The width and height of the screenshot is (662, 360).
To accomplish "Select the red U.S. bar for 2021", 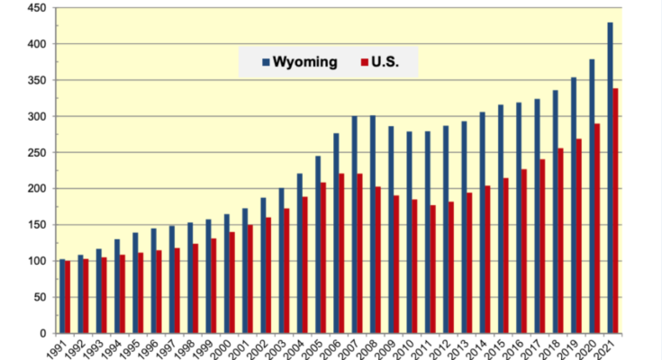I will (616, 211).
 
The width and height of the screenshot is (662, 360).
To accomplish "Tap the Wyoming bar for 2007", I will (354, 225).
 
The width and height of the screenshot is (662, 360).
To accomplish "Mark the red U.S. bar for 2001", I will (249, 279).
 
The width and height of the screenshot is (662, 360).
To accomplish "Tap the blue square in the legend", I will (266, 63).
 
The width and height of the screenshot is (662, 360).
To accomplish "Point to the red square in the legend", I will (364, 63).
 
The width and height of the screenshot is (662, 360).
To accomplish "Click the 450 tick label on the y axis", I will (36, 8).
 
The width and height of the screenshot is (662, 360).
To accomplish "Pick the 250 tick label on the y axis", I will (36, 153).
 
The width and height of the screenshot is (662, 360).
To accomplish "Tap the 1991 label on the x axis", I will (56, 347).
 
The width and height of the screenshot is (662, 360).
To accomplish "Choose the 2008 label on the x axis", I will (367, 347).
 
